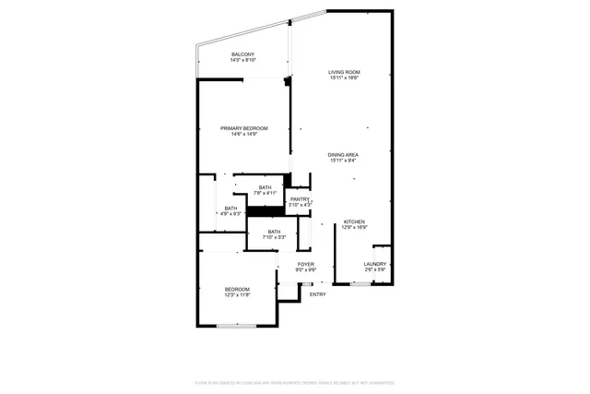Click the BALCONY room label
(243, 54)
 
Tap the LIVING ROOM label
(345, 72)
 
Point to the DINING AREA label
(344, 154)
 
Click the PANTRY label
(300, 199)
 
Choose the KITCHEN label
(355, 221)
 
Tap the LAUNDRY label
(374, 264)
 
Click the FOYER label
(306, 264)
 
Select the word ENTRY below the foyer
(317, 294)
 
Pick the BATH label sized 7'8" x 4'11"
(265, 187)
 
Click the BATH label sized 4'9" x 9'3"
(230, 208)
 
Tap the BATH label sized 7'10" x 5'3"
(274, 232)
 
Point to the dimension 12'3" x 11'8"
(237, 295)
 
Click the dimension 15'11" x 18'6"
(345, 78)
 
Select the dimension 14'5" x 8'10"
(243, 61)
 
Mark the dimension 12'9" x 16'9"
(355, 227)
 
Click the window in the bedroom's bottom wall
(236, 325)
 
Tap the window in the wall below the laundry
(360, 284)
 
